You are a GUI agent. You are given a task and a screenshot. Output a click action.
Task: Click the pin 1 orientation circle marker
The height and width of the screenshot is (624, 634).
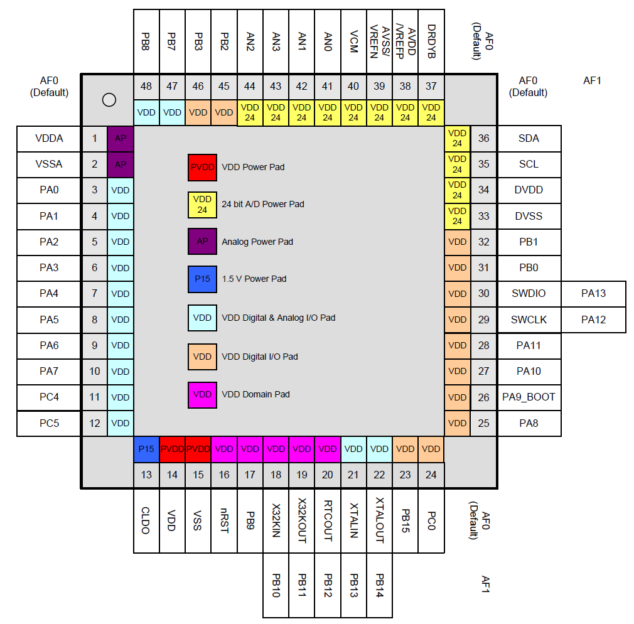click(x=109, y=100)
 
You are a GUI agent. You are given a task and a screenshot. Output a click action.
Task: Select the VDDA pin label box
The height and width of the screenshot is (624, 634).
click(x=49, y=138)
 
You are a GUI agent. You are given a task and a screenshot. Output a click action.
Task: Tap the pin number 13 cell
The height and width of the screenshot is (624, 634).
click(x=146, y=475)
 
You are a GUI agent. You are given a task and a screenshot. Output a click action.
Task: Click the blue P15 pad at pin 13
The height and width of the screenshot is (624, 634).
click(x=146, y=449)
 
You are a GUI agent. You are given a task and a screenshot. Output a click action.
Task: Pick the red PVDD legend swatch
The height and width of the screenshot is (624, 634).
click(x=202, y=168)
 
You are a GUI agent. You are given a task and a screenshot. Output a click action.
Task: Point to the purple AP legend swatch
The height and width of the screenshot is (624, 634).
click(x=202, y=242)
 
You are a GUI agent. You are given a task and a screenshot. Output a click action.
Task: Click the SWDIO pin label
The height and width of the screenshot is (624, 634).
click(x=529, y=294)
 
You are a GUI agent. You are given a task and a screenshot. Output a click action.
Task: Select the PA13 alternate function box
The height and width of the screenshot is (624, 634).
click(x=593, y=294)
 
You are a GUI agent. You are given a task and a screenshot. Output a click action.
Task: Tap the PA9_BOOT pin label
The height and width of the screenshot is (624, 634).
click(x=529, y=397)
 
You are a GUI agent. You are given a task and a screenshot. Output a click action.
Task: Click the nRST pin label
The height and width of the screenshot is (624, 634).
click(x=224, y=520)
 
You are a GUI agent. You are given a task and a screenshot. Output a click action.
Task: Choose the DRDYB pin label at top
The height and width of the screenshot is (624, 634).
click(x=431, y=41)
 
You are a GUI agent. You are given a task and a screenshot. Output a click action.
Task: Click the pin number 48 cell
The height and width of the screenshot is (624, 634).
click(x=146, y=87)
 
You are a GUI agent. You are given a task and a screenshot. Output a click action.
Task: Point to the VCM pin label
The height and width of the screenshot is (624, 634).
click(x=353, y=41)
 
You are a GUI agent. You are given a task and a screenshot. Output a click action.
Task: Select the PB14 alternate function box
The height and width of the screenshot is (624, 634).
click(x=379, y=586)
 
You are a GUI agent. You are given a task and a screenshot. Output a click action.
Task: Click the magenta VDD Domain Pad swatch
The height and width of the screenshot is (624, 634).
click(x=202, y=395)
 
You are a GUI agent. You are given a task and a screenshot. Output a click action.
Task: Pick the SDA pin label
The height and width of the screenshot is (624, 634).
click(x=529, y=138)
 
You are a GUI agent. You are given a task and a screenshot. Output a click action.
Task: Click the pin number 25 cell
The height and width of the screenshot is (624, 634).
click(x=483, y=423)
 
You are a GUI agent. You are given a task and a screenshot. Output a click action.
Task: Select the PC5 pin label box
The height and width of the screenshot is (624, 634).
click(x=49, y=423)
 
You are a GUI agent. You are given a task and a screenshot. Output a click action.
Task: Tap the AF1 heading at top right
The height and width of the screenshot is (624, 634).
click(x=592, y=80)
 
